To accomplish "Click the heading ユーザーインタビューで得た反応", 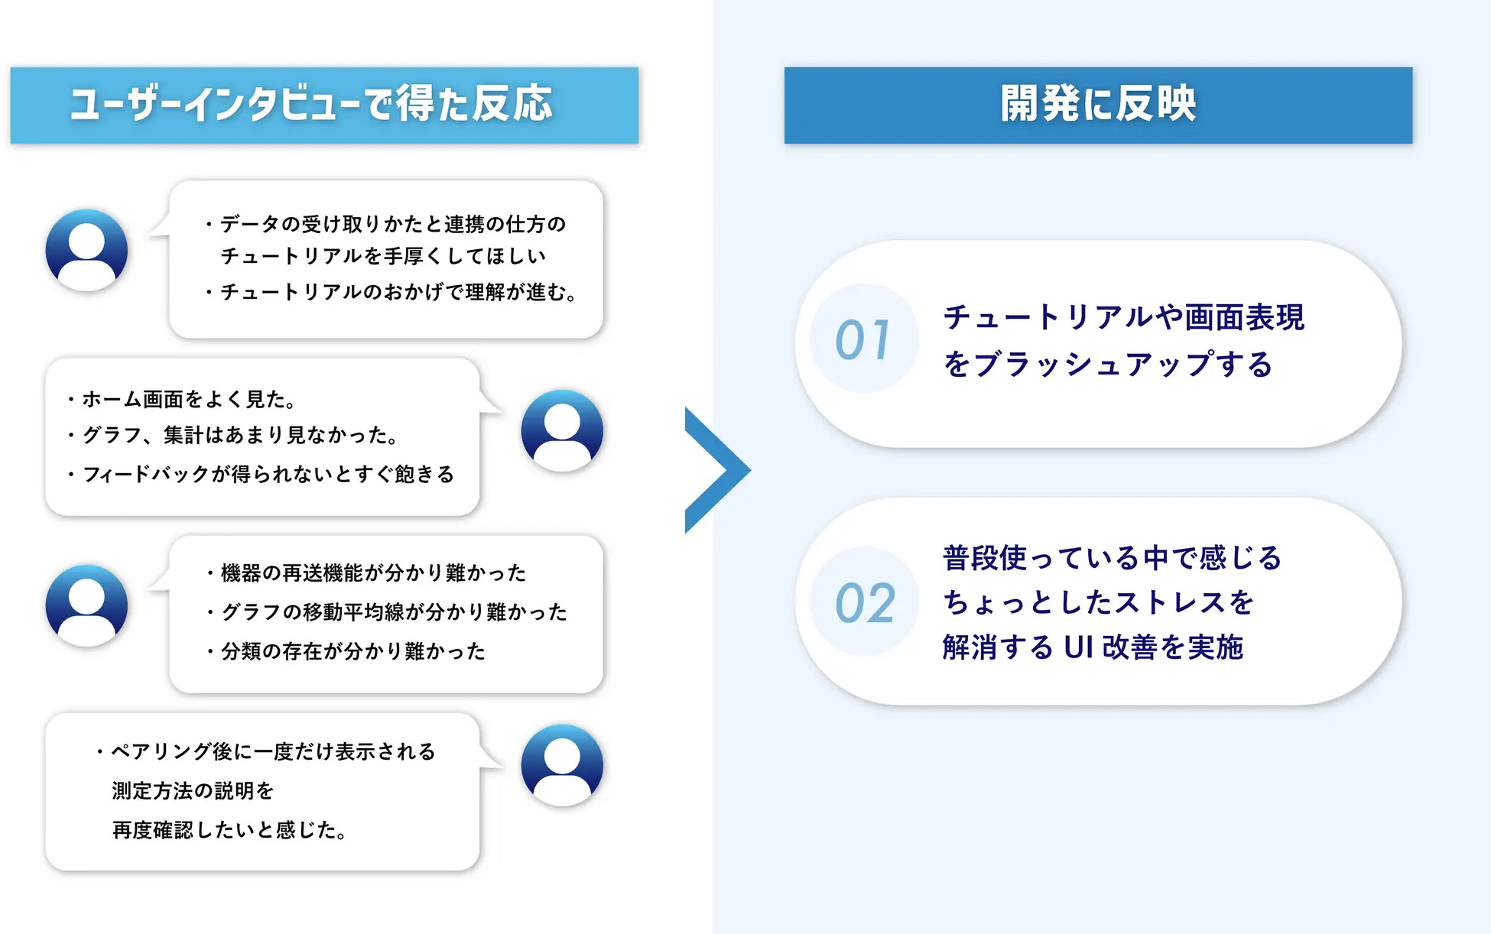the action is click(310, 104).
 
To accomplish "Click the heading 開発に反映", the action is click(1098, 103).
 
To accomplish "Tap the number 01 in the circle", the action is click(863, 339).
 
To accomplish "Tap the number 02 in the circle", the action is click(865, 603).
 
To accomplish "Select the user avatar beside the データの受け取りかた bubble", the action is click(86, 250).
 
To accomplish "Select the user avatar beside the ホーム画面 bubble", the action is click(562, 430).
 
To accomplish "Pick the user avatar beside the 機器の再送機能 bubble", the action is click(86, 605).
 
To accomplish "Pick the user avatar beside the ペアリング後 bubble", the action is click(562, 765).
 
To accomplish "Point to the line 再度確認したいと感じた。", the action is click(229, 830).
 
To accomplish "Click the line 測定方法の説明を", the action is click(193, 790).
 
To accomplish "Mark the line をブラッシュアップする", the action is click(1108, 365).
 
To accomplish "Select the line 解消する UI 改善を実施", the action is click(1093, 647).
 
